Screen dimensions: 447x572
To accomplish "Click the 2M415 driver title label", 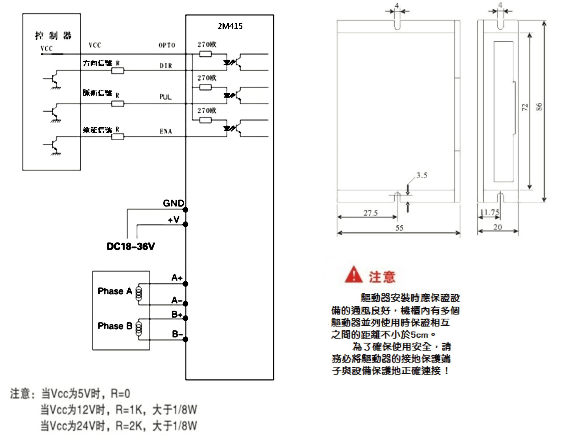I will [230, 26].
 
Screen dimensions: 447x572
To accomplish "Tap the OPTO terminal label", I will [167, 45].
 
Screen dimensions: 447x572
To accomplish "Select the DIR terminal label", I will [166, 66].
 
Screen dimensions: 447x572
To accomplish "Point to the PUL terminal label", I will [166, 97].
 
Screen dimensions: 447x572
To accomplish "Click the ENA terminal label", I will [166, 131].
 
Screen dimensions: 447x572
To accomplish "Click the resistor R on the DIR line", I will [118, 70].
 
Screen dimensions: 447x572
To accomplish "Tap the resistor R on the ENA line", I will [118, 137].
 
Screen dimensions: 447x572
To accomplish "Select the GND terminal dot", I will [185, 210].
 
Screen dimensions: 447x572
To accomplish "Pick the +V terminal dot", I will [185, 224].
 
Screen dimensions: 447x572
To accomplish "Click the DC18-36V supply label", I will [131, 246].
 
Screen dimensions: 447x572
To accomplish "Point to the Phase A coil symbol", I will [138, 294].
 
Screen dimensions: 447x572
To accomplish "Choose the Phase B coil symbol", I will [138, 329].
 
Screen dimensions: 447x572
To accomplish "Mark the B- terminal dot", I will [185, 339].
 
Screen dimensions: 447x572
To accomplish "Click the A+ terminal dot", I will [185, 283].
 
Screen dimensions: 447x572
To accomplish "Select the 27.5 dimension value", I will [370, 213].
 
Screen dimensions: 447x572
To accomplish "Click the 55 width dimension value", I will [399, 228].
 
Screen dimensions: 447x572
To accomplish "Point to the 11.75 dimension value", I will [490, 212].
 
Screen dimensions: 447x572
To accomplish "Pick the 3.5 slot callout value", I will [422, 175].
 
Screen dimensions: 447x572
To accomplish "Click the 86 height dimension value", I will [539, 107].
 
